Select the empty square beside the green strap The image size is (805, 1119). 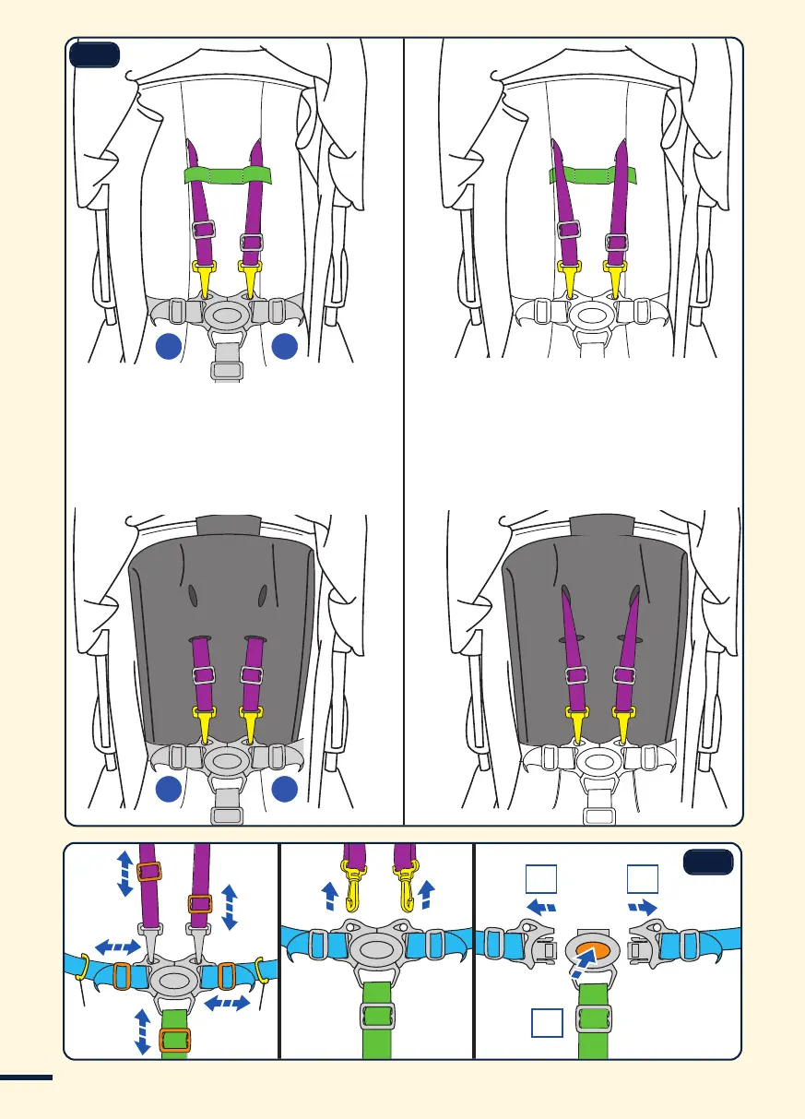(x=548, y=1024)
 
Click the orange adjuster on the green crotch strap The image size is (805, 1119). (x=174, y=1040)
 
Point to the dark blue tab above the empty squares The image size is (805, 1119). (x=707, y=862)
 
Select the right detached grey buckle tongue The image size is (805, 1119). (x=658, y=946)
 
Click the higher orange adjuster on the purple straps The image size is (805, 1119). (x=149, y=871)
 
